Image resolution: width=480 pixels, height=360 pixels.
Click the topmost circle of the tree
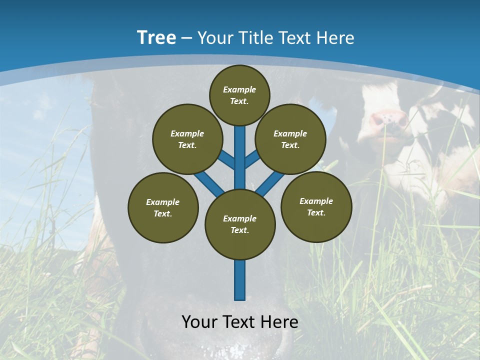tap(239, 95)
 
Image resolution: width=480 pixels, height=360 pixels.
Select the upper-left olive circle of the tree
tap(187, 139)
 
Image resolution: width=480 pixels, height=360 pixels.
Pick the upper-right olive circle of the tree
tap(290, 139)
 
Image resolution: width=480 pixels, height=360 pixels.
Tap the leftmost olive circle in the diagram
tap(163, 207)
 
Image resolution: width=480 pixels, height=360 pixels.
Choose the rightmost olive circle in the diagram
tap(316, 206)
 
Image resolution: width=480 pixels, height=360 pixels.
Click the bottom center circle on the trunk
tap(240, 224)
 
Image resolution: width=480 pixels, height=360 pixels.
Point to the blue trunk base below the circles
tap(240, 280)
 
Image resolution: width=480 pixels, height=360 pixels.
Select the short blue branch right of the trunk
tap(252, 159)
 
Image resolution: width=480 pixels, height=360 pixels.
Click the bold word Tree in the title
tap(156, 37)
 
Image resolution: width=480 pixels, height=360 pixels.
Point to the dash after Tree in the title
tap(186, 38)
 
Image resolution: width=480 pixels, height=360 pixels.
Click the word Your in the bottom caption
tap(200, 322)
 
